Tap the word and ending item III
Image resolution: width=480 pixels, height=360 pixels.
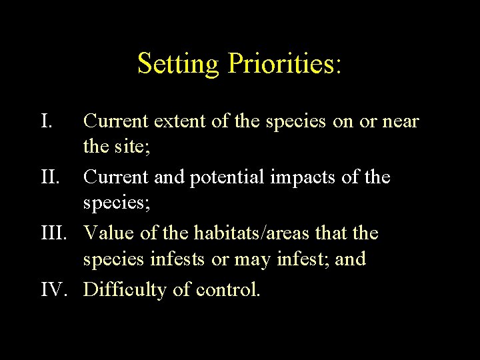tap(351, 259)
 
